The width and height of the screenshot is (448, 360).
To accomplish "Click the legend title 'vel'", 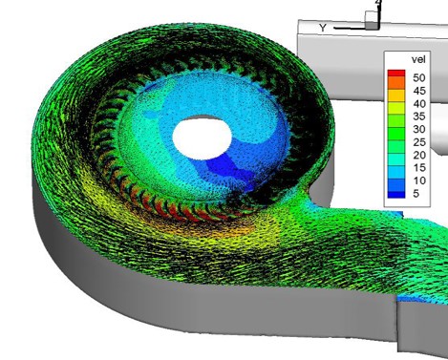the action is coord(418,59).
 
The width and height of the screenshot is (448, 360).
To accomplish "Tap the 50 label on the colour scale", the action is coord(419,78).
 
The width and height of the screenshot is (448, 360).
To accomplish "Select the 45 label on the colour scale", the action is coord(419,91).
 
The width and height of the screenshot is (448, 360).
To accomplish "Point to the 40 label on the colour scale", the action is coord(419,104).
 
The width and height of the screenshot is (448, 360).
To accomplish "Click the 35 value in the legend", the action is coord(419,116).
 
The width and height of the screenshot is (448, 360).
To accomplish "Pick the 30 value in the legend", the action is coord(419,129).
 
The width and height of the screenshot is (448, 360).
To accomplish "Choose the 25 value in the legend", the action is coord(419,142).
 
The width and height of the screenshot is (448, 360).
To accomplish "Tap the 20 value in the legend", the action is coord(419,155).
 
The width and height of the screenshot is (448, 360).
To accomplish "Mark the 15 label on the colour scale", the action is coord(419,168).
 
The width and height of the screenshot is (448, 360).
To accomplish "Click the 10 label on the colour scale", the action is coord(419,180).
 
